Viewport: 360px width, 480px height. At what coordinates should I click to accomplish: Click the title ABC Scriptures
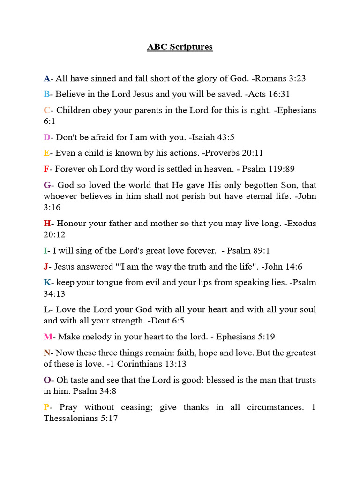click(x=180, y=47)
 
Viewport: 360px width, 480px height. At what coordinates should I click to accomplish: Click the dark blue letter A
click(x=46, y=78)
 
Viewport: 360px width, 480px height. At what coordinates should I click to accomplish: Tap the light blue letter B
click(x=46, y=94)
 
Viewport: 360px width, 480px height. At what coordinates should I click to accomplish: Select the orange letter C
click(x=46, y=110)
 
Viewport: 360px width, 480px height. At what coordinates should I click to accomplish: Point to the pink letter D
click(x=46, y=137)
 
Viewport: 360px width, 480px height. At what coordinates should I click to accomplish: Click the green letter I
click(x=45, y=251)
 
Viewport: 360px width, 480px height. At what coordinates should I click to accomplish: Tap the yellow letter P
click(x=46, y=407)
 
